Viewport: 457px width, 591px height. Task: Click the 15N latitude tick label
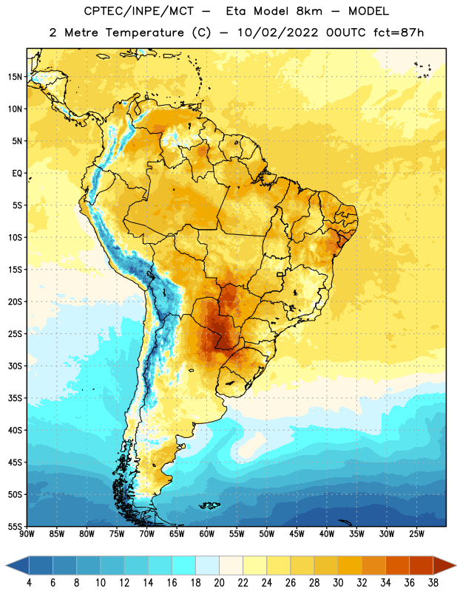pyautogui.click(x=15, y=77)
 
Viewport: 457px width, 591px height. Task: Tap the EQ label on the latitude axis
pyautogui.click(x=17, y=174)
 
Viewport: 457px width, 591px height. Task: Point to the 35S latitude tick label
pyautogui.click(x=15, y=398)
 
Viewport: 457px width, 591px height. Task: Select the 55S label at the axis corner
pyautogui.click(x=15, y=526)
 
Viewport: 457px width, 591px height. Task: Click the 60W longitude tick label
pyautogui.click(x=207, y=534)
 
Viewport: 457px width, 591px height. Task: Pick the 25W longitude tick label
pyautogui.click(x=416, y=534)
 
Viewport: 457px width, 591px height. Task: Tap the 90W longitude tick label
pyautogui.click(x=27, y=534)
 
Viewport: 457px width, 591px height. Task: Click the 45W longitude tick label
pyautogui.click(x=297, y=534)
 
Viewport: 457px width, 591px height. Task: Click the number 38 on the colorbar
pyautogui.click(x=433, y=583)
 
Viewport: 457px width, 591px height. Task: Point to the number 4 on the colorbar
pyautogui.click(x=29, y=583)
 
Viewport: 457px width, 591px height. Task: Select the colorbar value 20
pyautogui.click(x=219, y=583)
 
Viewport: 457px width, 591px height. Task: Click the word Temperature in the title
pyautogui.click(x=144, y=33)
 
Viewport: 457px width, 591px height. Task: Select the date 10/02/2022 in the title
pyautogui.click(x=278, y=33)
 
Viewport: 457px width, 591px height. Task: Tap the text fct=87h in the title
pyautogui.click(x=399, y=33)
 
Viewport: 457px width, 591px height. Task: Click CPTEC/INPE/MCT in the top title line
pyautogui.click(x=138, y=11)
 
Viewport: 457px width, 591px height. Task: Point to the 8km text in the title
pyautogui.click(x=309, y=11)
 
